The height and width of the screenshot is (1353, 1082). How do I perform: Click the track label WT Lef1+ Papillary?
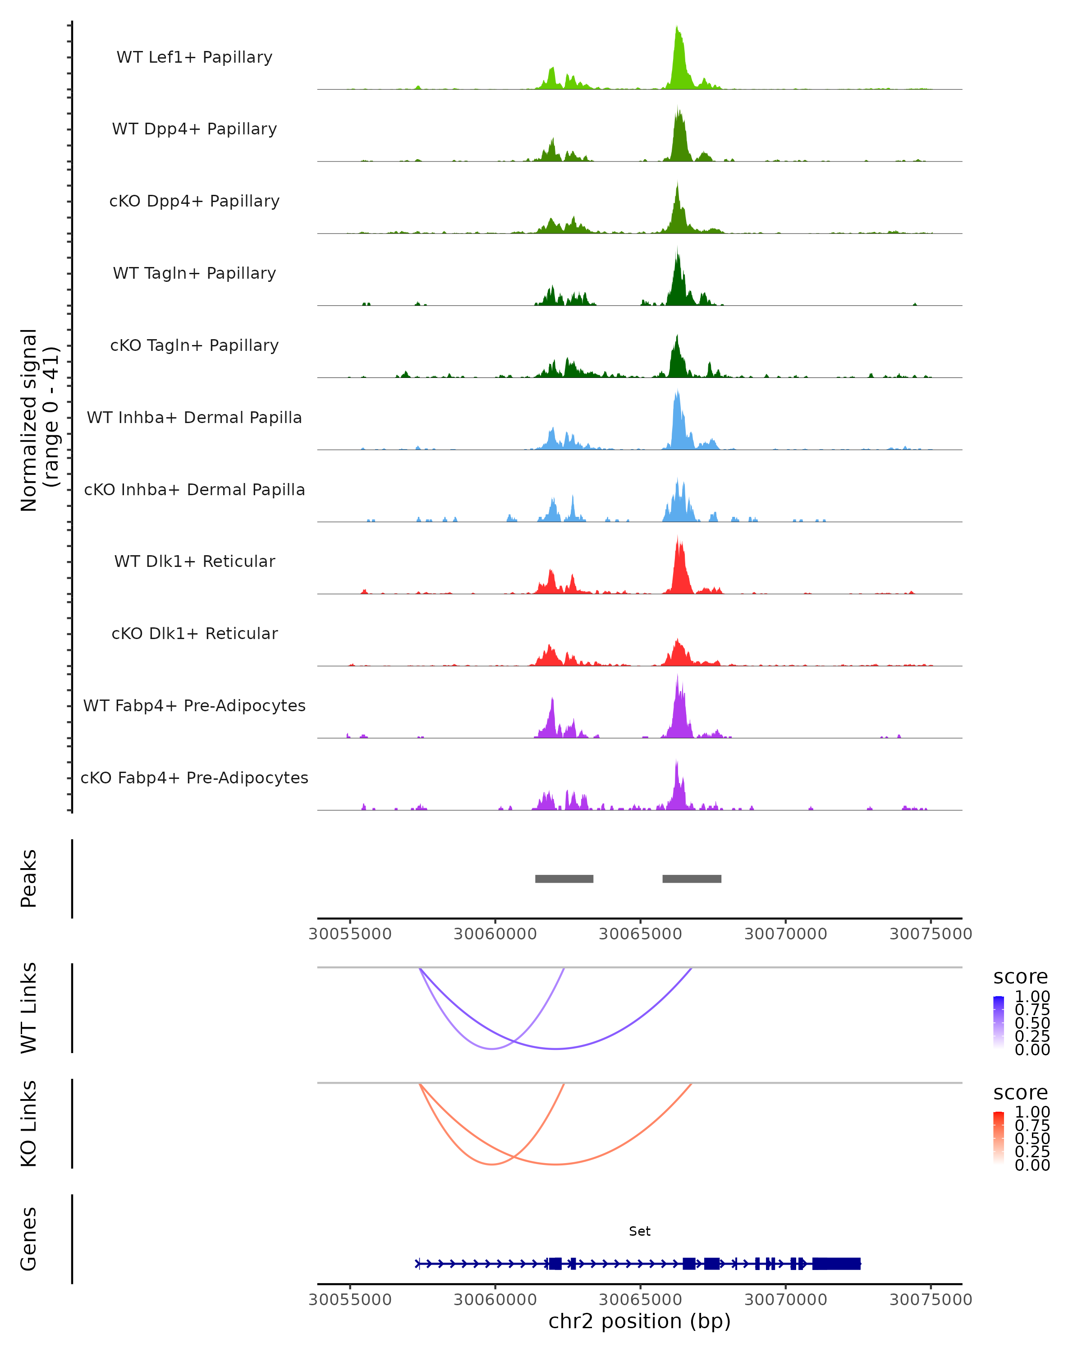coord(194,57)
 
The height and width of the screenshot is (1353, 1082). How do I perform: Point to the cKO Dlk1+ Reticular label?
coord(194,633)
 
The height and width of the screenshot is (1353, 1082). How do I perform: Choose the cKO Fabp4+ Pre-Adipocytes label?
coord(194,778)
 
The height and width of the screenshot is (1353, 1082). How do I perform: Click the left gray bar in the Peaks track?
coord(564,879)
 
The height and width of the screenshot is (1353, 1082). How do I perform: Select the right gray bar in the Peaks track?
coord(692,879)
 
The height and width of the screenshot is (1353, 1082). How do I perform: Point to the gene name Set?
coord(640,1231)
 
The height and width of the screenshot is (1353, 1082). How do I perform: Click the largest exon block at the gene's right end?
coord(836,1264)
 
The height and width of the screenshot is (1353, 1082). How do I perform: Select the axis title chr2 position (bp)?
coord(640,1321)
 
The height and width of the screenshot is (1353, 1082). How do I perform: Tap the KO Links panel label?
coord(29,1123)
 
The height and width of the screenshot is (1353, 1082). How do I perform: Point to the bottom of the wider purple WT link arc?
coord(556,1048)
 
